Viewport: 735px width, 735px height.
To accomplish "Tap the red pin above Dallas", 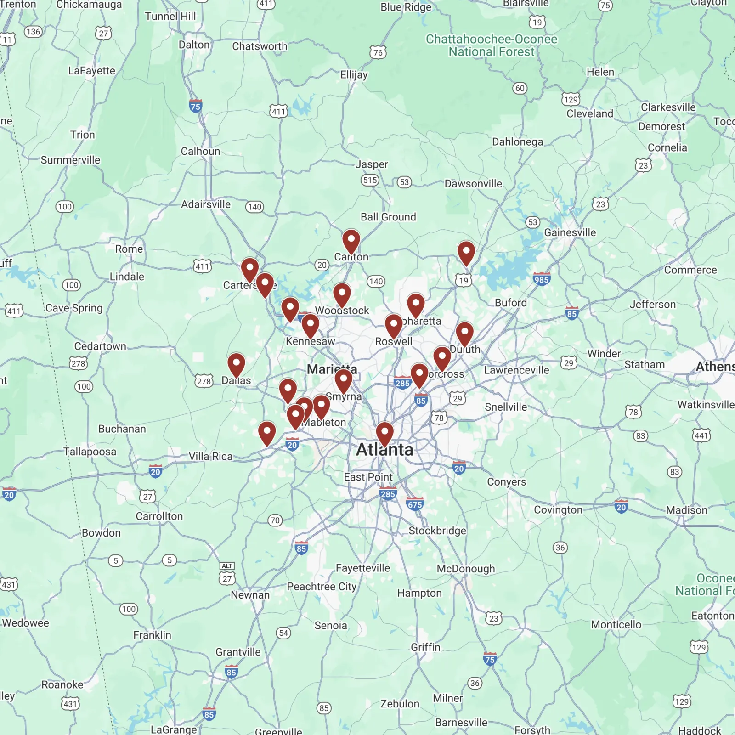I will pyautogui.click(x=236, y=365).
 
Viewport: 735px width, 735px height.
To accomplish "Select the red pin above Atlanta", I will pyautogui.click(x=384, y=434).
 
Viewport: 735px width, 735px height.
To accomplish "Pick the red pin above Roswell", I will pyautogui.click(x=394, y=326).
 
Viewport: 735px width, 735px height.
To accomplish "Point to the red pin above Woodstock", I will pyautogui.click(x=342, y=294).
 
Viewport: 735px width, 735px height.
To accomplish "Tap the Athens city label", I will pyautogui.click(x=715, y=367).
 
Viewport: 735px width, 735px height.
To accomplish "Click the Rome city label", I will pyautogui.click(x=129, y=249).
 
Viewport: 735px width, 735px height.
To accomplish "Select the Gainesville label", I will pyautogui.click(x=570, y=233).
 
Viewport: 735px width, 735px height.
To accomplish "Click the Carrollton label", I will pyautogui.click(x=159, y=516).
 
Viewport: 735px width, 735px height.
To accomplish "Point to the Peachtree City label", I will pyautogui.click(x=322, y=587).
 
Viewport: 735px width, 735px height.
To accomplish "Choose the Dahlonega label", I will pyautogui.click(x=517, y=142).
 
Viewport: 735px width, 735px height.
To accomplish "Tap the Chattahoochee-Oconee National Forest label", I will pyautogui.click(x=492, y=45).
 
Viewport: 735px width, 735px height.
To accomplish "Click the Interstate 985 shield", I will pyautogui.click(x=541, y=279).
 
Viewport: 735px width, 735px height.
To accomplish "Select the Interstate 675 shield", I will pyautogui.click(x=415, y=504).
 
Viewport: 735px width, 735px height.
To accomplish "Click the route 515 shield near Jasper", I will pyautogui.click(x=370, y=180).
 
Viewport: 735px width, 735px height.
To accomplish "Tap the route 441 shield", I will pyautogui.click(x=701, y=435).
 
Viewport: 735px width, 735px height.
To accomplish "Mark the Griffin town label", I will pyautogui.click(x=425, y=647).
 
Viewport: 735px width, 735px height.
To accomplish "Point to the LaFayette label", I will pyautogui.click(x=91, y=71).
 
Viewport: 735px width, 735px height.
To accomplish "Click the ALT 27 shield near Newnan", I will pyautogui.click(x=227, y=574).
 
